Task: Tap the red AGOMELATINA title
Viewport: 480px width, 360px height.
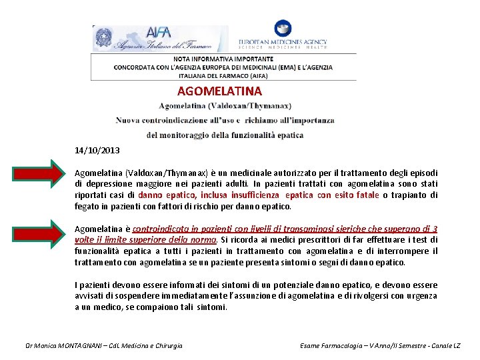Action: tap(219, 91)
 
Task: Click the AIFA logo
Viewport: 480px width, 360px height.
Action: tap(160, 39)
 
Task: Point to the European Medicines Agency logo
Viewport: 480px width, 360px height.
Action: tap(283, 37)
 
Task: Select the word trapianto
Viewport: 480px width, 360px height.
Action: tap(411, 195)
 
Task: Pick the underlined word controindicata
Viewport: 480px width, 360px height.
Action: tap(164, 229)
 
